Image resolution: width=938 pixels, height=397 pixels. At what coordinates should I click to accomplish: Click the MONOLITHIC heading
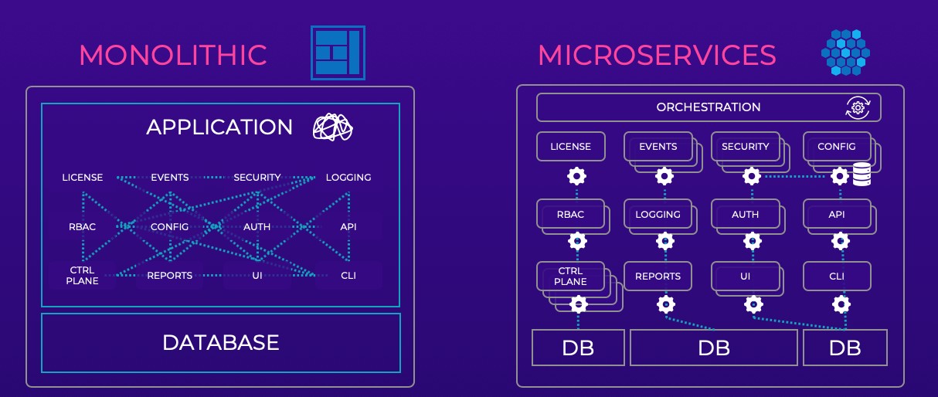(x=173, y=55)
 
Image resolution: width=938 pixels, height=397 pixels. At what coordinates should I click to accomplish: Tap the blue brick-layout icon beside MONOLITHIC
(x=338, y=53)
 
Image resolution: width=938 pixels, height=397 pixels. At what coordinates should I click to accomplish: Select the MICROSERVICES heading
(x=657, y=55)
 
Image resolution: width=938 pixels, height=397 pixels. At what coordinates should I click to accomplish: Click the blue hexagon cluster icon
(x=845, y=53)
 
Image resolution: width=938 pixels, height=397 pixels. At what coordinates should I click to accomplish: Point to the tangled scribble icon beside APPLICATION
(x=333, y=127)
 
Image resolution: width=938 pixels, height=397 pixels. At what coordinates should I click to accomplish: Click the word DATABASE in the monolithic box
(x=221, y=343)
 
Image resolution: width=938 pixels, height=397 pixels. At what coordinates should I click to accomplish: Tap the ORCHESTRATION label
(x=708, y=107)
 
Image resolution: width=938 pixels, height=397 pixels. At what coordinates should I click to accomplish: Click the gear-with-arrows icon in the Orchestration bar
(x=858, y=107)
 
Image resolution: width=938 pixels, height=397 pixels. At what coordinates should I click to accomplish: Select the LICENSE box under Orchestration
(x=571, y=147)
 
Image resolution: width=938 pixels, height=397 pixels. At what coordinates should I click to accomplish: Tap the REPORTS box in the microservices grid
(x=658, y=276)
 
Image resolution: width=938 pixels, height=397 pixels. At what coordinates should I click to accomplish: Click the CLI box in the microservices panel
(x=837, y=276)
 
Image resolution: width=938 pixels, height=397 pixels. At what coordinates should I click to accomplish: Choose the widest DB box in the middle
(x=714, y=348)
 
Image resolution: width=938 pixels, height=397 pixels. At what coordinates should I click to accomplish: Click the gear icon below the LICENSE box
(x=576, y=176)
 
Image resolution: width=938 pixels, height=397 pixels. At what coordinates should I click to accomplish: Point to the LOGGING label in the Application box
(x=348, y=178)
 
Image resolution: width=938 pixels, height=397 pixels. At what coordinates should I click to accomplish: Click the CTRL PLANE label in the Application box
(x=82, y=275)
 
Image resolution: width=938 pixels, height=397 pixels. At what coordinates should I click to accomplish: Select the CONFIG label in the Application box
(x=169, y=226)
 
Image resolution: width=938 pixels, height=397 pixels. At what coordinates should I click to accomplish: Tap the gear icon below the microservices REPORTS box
(x=666, y=304)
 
